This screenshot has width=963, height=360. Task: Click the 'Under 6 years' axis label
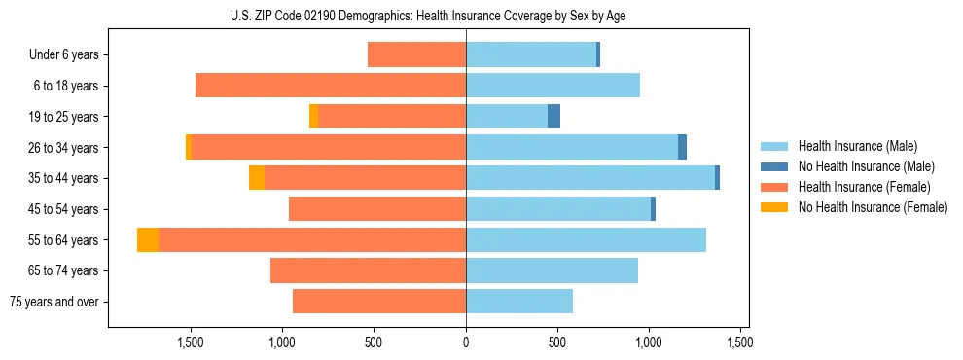click(64, 55)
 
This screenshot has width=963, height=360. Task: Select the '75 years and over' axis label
click(57, 302)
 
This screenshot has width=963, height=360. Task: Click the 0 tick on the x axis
click(466, 342)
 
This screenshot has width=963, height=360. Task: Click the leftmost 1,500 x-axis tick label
click(190, 342)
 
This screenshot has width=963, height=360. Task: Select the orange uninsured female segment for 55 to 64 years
click(148, 240)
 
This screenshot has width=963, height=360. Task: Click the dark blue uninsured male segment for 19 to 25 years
click(553, 117)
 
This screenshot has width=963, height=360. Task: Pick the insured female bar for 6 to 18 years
click(331, 86)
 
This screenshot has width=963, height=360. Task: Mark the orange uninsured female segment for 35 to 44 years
click(257, 178)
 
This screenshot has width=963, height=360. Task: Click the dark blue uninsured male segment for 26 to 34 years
click(682, 147)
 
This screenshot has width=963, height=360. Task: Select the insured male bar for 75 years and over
click(519, 302)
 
